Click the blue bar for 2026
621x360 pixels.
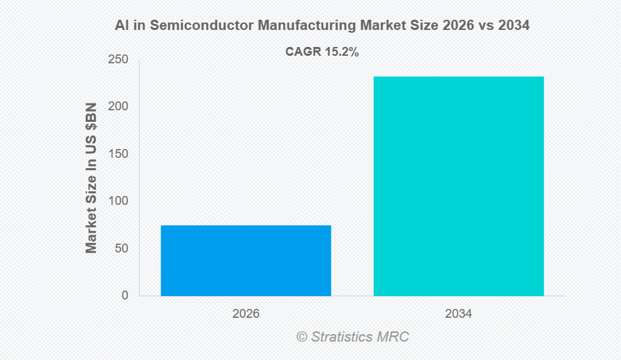246,261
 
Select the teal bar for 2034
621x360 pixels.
458,186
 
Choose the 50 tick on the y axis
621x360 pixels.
121,248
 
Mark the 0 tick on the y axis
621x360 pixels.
124,295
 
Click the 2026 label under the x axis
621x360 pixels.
246,314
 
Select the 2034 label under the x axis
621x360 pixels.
458,314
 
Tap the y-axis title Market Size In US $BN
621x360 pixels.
91,178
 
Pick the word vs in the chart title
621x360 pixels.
482,26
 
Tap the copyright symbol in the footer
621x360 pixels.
301,337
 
